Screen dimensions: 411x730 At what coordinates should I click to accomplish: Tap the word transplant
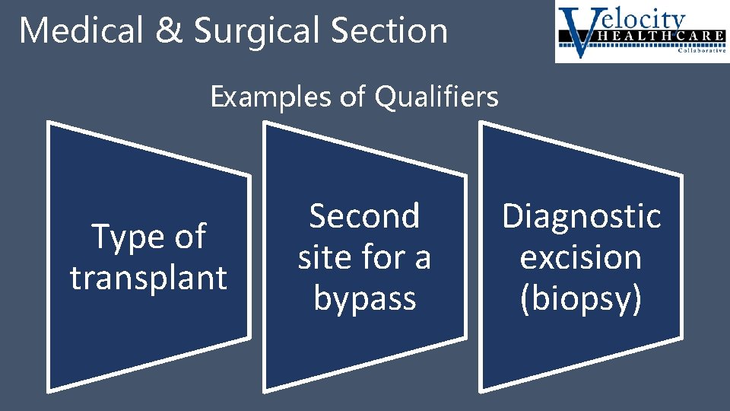(x=149, y=278)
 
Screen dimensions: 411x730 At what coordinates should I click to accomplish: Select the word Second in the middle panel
(x=364, y=217)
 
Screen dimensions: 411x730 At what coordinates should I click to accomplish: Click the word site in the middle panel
(x=322, y=258)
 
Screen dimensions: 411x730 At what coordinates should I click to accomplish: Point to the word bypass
(x=365, y=299)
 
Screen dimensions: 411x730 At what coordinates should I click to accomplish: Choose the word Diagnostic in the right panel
(x=582, y=217)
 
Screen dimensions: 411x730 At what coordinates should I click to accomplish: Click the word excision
(x=581, y=258)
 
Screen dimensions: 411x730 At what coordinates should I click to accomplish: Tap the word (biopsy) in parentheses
(x=581, y=299)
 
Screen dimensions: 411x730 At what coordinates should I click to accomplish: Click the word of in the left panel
(x=189, y=237)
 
